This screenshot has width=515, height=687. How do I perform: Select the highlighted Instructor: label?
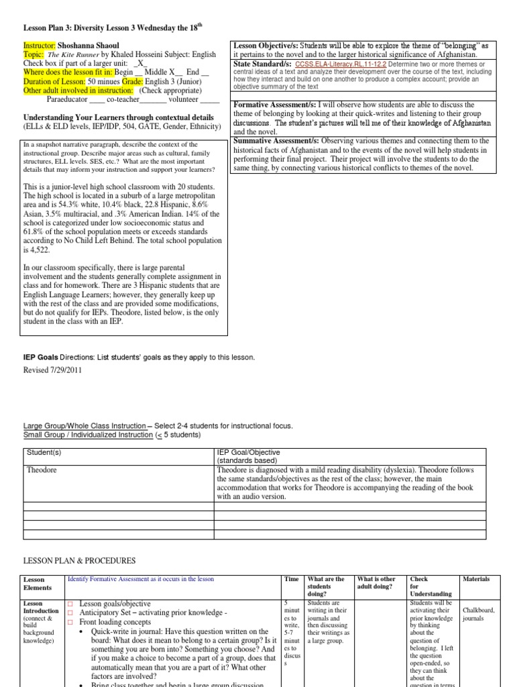click(44, 44)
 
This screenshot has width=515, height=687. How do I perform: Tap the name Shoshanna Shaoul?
click(99, 44)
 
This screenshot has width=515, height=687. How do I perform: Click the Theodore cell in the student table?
click(42, 470)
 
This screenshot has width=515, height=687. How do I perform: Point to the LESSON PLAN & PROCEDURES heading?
click(79, 560)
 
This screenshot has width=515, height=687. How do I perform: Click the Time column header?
click(291, 579)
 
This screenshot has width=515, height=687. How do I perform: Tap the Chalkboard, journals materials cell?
click(478, 614)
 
